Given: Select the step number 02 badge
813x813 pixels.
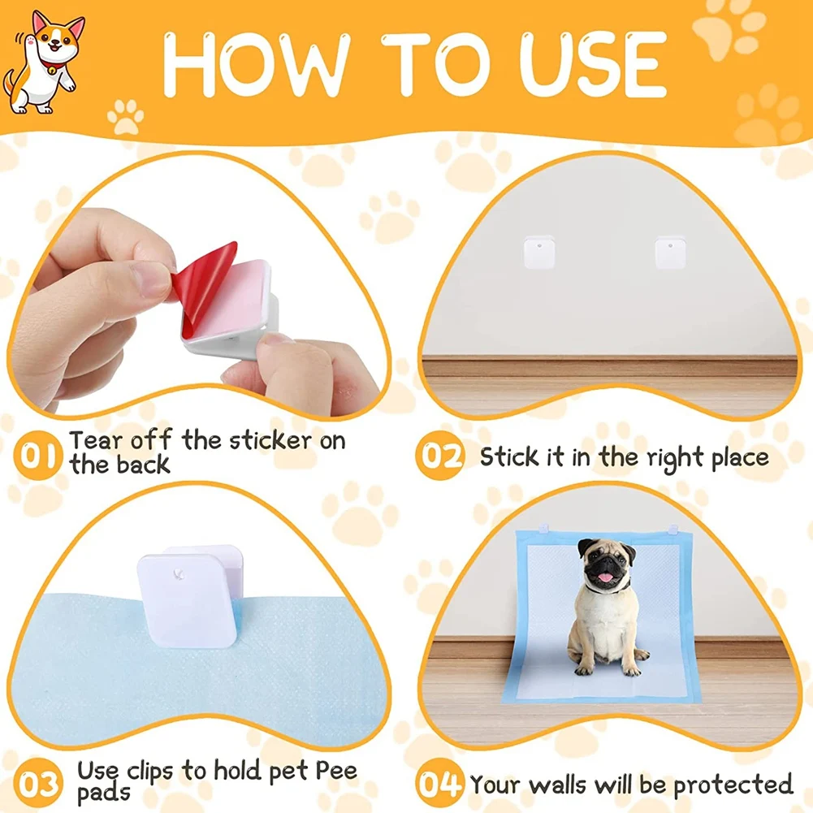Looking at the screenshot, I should pyautogui.click(x=439, y=456).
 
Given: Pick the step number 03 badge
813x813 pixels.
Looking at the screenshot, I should pyautogui.click(x=39, y=785).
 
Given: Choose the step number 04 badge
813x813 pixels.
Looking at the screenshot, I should pyautogui.click(x=439, y=785).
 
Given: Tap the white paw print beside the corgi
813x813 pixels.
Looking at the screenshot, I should pyautogui.click(x=125, y=116).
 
